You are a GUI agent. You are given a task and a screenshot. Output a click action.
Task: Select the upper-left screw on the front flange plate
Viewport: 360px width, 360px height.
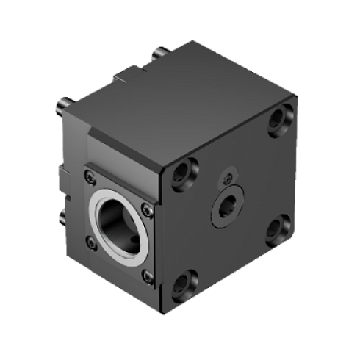pyautogui.click(x=89, y=176)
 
